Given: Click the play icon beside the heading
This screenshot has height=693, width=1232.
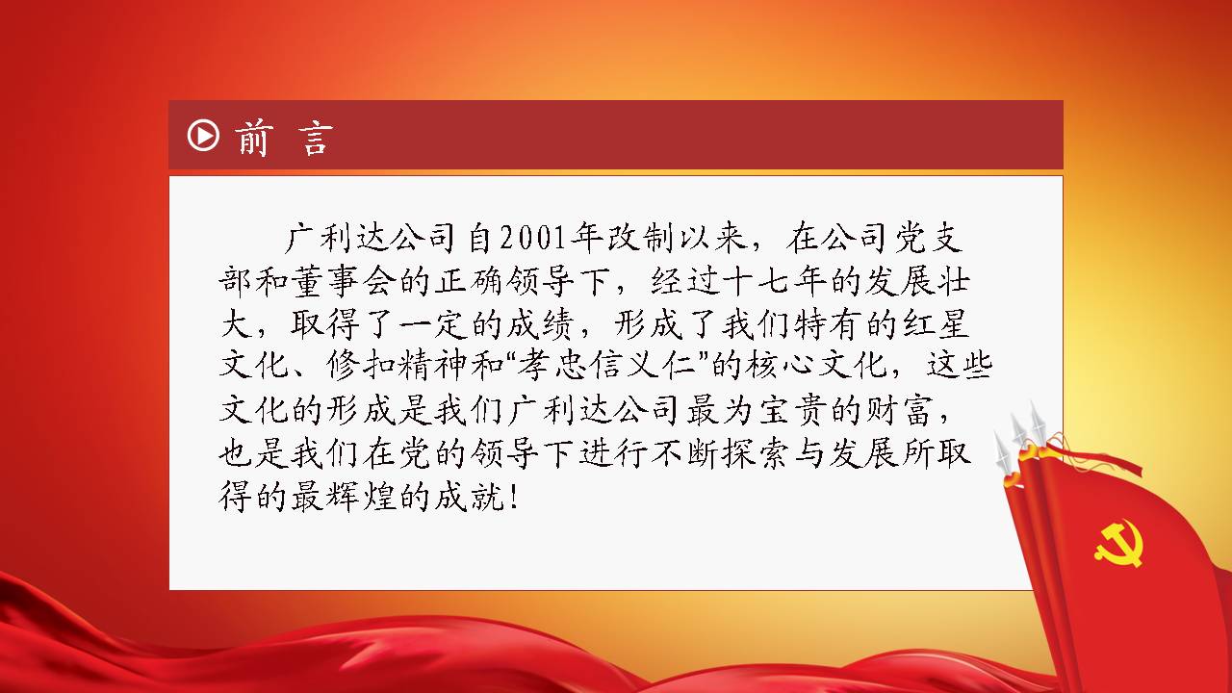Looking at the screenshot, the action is tap(203, 136).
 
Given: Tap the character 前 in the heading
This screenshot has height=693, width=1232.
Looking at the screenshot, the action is tap(253, 138).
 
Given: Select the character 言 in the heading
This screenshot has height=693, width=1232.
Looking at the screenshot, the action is tap(317, 138).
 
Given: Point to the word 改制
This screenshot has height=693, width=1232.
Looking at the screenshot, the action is tap(641, 239).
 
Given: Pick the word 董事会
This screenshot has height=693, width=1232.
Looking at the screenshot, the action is tap(344, 281).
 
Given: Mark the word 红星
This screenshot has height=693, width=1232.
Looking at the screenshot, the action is tap(935, 324).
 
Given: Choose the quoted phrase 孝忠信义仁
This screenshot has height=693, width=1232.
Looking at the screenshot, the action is tap(604, 365).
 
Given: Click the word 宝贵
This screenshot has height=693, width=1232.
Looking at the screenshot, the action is tap(792, 410).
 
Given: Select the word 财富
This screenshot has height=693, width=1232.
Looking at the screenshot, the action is tap(899, 410).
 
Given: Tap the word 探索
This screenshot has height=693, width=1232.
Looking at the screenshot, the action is tap(756, 453).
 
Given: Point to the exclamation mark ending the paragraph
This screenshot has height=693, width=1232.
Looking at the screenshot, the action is tap(514, 497).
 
